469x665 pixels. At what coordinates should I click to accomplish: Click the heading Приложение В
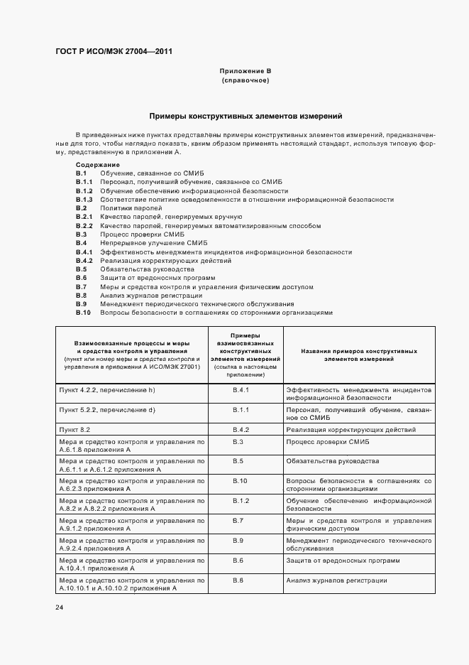[x=245, y=72]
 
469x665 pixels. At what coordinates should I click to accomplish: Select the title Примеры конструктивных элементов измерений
[x=245, y=115]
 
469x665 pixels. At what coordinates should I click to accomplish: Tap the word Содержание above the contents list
[x=97, y=165]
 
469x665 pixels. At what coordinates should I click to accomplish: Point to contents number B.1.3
[x=84, y=200]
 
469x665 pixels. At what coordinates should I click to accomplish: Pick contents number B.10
[x=83, y=313]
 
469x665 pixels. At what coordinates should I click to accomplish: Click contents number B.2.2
[x=84, y=225]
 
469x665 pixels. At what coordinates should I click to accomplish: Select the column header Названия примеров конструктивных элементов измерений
[x=359, y=355]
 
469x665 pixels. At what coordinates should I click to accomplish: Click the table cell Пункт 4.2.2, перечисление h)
[x=107, y=390]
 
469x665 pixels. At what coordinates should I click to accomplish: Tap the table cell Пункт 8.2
[x=75, y=430]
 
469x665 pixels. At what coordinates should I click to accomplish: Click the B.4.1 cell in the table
[x=241, y=390]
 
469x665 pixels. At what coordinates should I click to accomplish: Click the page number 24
[x=60, y=607]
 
